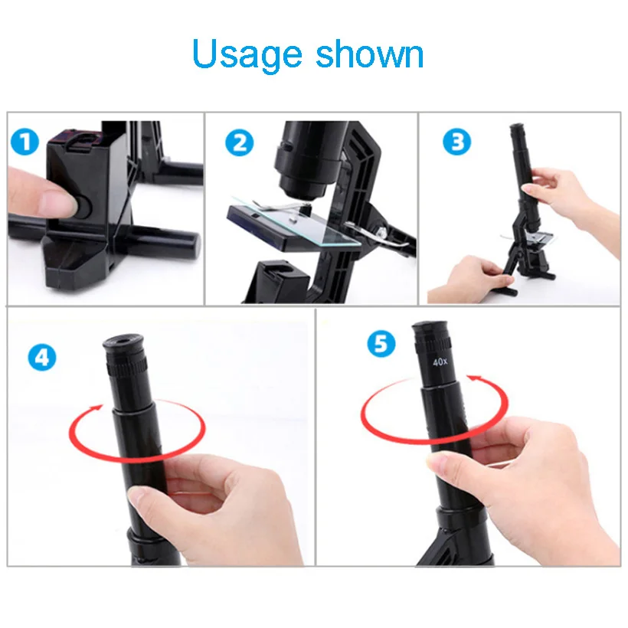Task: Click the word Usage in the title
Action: tap(247, 55)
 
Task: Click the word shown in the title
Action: tap(370, 54)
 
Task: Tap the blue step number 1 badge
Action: tap(25, 142)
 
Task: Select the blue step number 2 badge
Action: tap(240, 143)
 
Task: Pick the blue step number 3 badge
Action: tap(456, 142)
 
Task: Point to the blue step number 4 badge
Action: tap(42, 357)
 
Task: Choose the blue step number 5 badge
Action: tap(381, 344)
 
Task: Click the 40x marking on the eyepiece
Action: tap(440, 361)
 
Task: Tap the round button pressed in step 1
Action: tap(83, 206)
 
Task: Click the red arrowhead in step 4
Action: tap(96, 407)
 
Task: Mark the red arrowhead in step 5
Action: tap(474, 378)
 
